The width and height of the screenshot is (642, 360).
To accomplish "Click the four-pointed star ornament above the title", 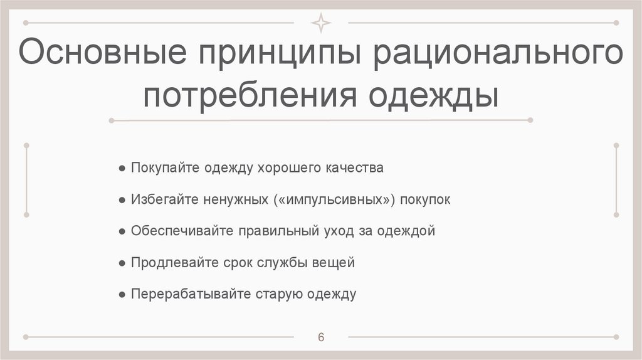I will (x=321, y=23).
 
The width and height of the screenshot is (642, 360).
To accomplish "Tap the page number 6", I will (x=321, y=337).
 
